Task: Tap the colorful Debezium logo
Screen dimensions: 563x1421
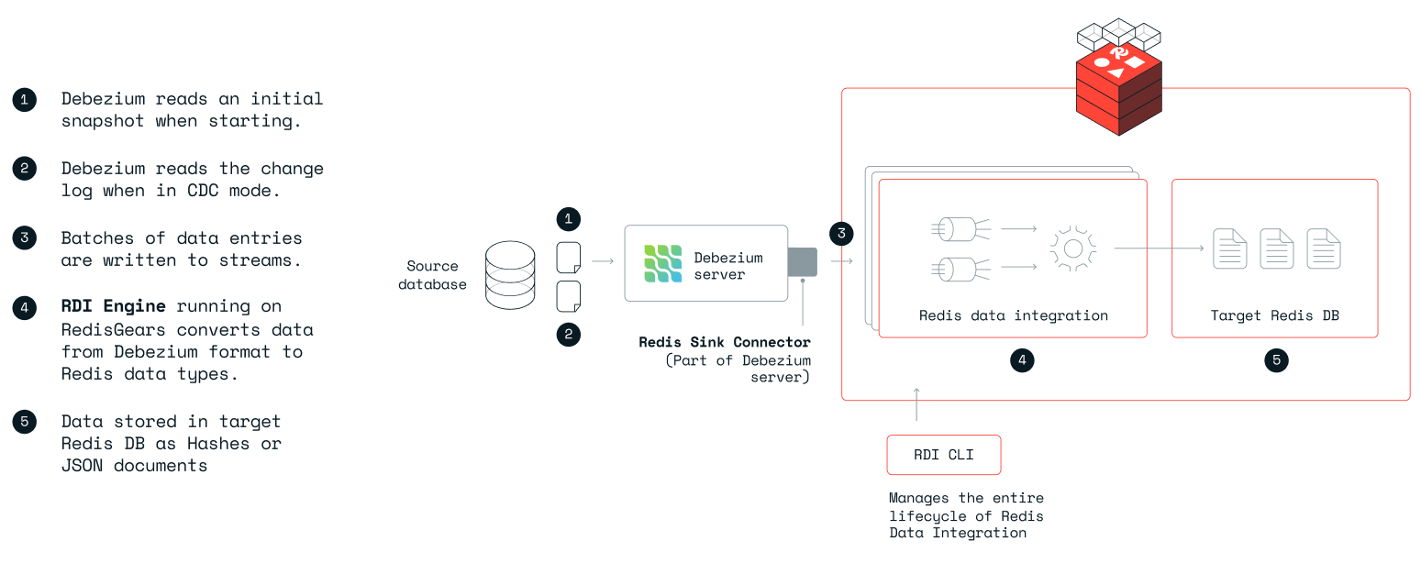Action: [662, 262]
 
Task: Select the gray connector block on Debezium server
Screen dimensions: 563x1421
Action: [802, 261]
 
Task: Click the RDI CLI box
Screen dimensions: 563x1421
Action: [943, 455]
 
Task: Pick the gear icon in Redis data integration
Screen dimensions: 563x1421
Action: [1073, 248]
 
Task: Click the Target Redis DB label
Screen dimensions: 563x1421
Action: [1274, 315]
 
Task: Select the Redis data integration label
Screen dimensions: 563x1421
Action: [1013, 315]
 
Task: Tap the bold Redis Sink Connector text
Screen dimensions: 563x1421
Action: [725, 342]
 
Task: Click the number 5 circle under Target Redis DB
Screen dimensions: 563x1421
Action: [1275, 360]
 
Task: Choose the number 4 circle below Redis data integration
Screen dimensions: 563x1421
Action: [1021, 360]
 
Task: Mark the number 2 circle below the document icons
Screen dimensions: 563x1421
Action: [569, 335]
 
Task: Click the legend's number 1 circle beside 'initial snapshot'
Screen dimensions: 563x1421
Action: [25, 99]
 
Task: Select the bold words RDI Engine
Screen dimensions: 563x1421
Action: [114, 306]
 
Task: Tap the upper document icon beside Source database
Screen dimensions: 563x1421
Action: [569, 257]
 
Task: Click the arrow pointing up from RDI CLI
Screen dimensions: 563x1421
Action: [916, 404]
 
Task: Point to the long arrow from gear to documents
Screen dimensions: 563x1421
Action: [1159, 248]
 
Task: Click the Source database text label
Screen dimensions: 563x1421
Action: [433, 275]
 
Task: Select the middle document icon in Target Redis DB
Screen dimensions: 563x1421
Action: [1277, 248]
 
